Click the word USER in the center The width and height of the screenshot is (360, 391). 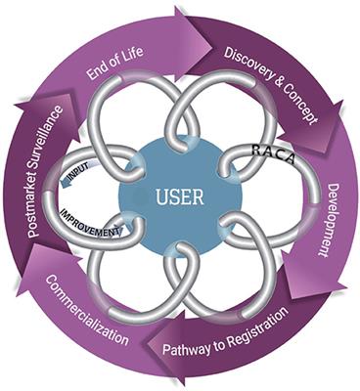[180, 198]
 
